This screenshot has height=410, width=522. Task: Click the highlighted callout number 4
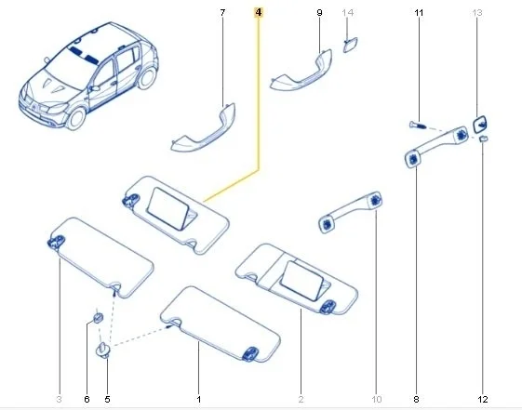pyautogui.click(x=259, y=13)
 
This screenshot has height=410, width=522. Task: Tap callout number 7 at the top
pyautogui.click(x=222, y=13)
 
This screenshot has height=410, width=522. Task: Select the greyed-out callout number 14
pyautogui.click(x=347, y=13)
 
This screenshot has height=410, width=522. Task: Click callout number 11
pyautogui.click(x=419, y=13)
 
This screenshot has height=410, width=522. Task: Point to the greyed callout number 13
pyautogui.click(x=477, y=13)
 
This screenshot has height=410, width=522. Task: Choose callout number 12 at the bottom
pyautogui.click(x=483, y=399)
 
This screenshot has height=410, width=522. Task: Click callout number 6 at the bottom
pyautogui.click(x=87, y=399)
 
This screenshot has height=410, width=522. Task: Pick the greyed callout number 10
pyautogui.click(x=377, y=399)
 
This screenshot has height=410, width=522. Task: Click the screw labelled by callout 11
pyautogui.click(x=417, y=126)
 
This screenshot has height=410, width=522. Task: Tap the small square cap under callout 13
pyautogui.click(x=480, y=124)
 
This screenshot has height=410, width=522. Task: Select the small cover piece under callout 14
pyautogui.click(x=350, y=45)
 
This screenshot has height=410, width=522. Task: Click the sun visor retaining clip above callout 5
pyautogui.click(x=103, y=350)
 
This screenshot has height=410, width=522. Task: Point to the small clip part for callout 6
pyautogui.click(x=98, y=318)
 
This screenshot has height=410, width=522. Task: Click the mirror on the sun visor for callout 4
pyautogui.click(x=169, y=208)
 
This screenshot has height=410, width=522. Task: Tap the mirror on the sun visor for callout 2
pyautogui.click(x=301, y=281)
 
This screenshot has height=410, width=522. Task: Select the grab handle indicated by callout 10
pyautogui.click(x=350, y=210)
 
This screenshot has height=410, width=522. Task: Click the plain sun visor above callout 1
pyautogui.click(x=220, y=324)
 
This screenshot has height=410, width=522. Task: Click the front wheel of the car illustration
pyautogui.click(x=75, y=118)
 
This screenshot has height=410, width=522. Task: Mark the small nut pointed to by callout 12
pyautogui.click(x=483, y=139)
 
